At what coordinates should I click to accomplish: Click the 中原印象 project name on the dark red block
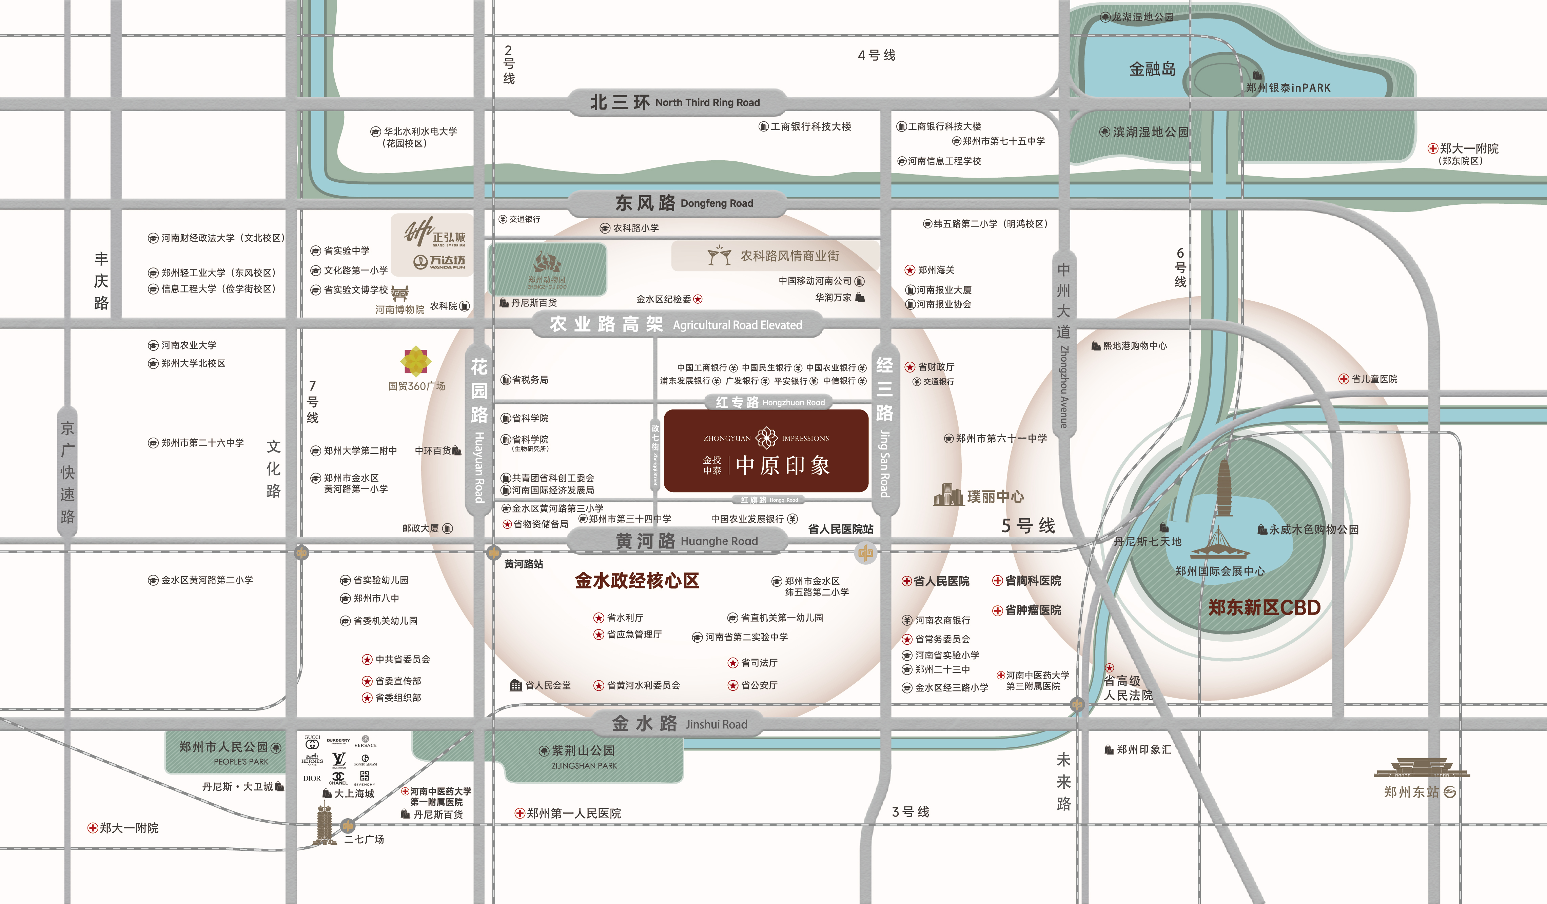(783, 465)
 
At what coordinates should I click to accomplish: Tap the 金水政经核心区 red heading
(637, 581)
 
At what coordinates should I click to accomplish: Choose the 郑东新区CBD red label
(1264, 607)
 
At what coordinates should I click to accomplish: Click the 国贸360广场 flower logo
(416, 361)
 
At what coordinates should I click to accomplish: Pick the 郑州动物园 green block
(547, 269)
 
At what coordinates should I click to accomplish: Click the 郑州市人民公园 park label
(224, 747)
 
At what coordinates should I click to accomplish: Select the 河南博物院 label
(400, 309)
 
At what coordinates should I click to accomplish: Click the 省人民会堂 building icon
(516, 685)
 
